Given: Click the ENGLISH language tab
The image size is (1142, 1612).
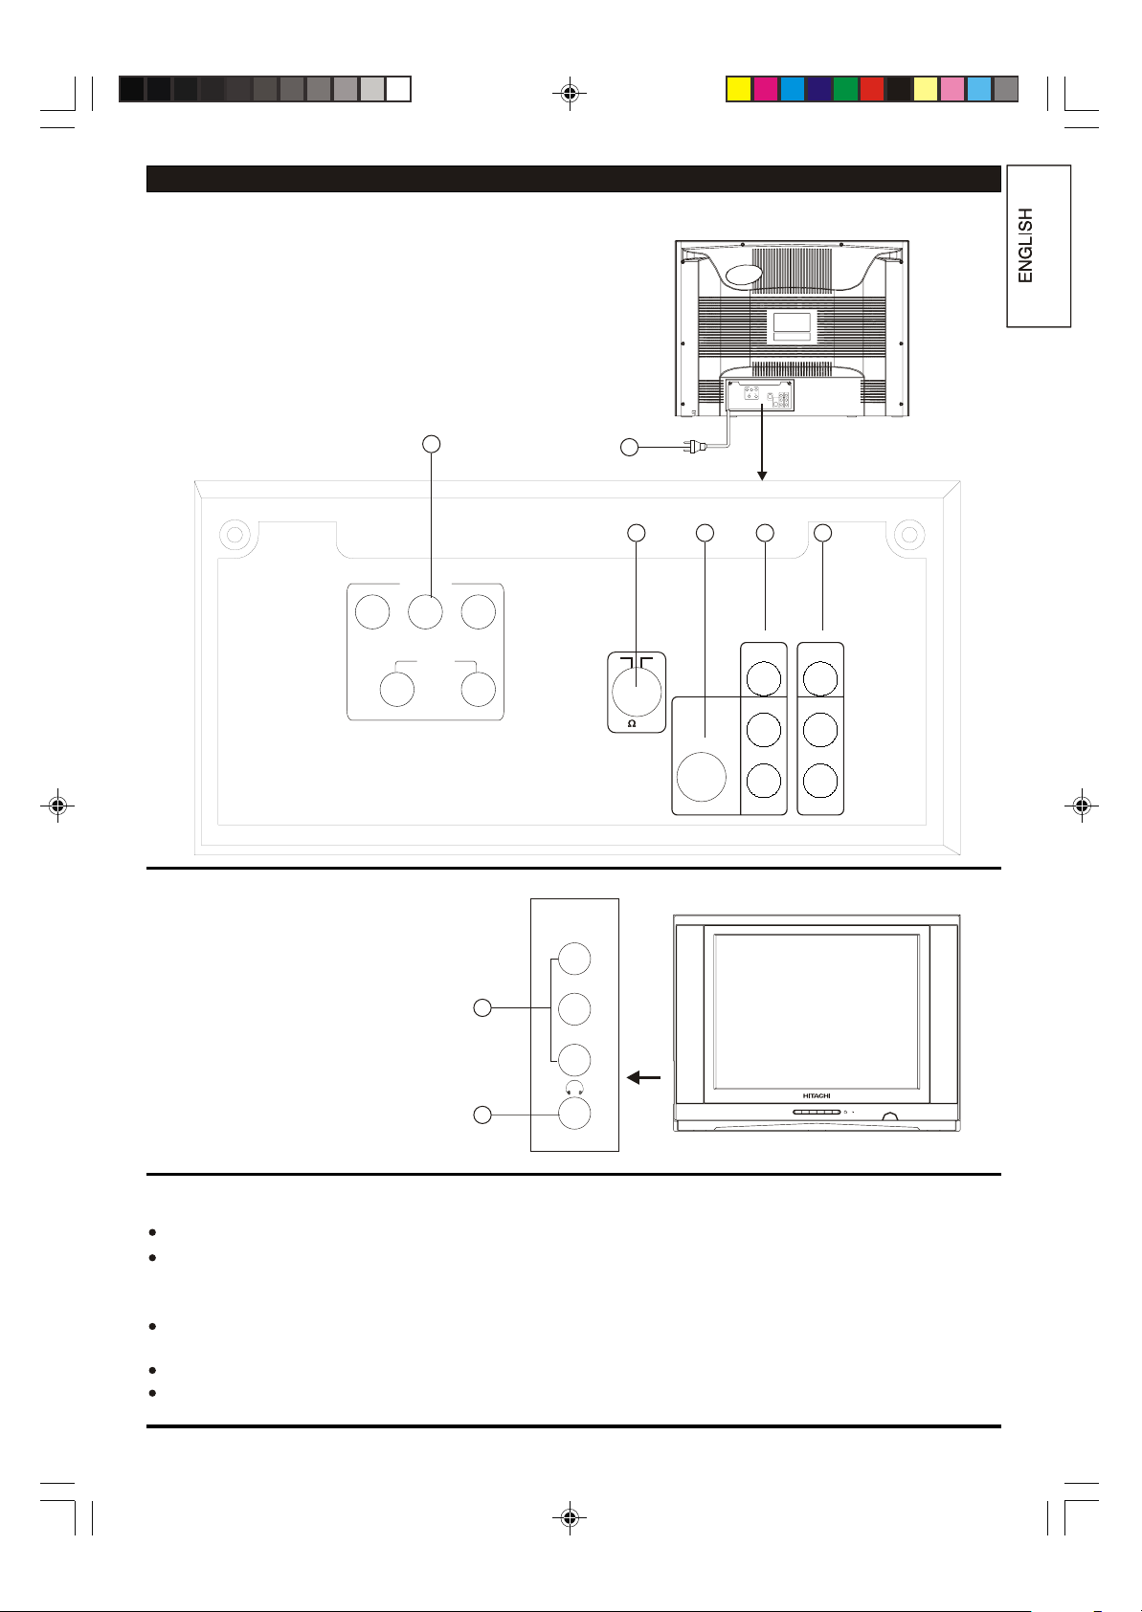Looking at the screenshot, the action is pos(1037,246).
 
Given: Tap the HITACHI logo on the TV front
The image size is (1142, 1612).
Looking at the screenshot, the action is pos(816,1095).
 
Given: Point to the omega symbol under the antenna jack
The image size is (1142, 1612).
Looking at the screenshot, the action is pos(631,723).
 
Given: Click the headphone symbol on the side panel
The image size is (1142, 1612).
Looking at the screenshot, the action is pos(574,1089).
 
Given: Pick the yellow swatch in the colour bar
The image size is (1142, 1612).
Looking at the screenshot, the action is pos(737,90).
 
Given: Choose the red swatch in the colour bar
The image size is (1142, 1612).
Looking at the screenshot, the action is pos(871,90).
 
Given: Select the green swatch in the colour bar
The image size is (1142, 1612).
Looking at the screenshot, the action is pos(844,90).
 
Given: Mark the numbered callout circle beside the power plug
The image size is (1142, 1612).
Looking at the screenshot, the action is pos(628,447).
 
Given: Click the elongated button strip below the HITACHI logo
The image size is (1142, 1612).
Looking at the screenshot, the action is pos(817,1113).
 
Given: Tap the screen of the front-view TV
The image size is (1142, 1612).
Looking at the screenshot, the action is pos(817,1010).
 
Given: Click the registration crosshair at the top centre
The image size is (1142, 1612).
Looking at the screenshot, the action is pos(570,94).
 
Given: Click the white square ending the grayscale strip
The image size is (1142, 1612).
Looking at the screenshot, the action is pos(398,90).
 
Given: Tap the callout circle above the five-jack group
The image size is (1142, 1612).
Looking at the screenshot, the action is pos(432,443).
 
